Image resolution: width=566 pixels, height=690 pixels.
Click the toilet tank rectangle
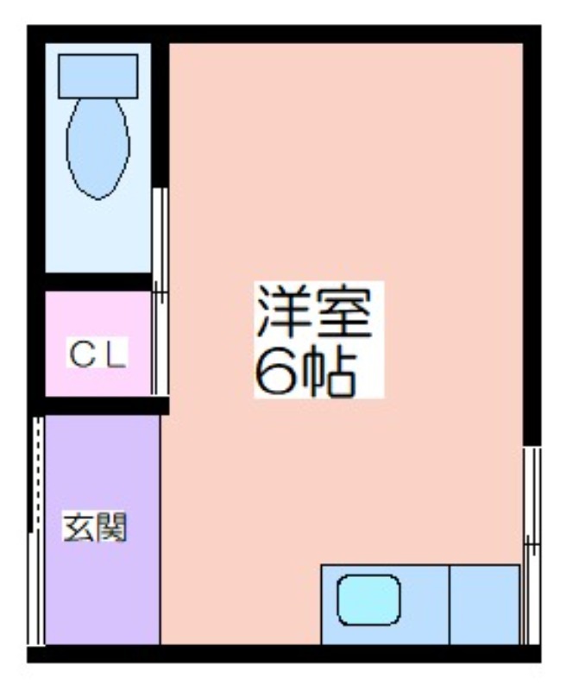point(98,76)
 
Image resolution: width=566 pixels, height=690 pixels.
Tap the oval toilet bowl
point(98,148)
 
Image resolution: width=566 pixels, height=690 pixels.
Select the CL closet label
point(97,354)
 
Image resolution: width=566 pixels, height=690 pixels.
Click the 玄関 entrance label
point(95,527)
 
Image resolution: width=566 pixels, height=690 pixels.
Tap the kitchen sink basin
point(368,599)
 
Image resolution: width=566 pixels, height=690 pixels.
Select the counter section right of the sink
point(485,605)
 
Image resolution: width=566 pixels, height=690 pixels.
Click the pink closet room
point(98,343)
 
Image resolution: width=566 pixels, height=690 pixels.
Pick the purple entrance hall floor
point(103,530)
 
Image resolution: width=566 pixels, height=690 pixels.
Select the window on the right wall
point(531,546)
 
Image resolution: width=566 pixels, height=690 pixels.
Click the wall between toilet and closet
point(98,282)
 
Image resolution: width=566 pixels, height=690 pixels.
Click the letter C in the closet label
point(83,354)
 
